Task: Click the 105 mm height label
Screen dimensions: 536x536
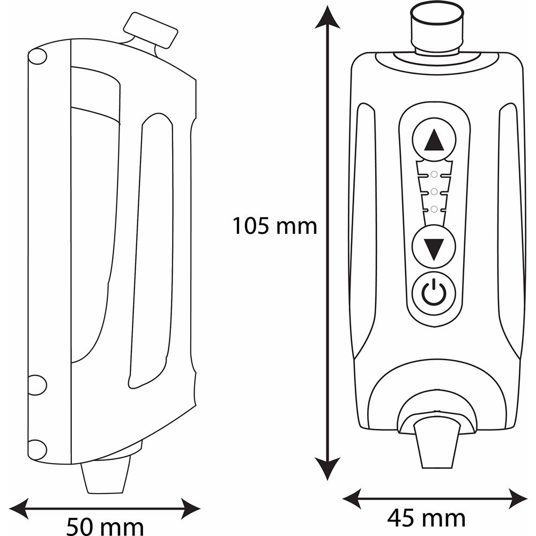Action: (x=274, y=226)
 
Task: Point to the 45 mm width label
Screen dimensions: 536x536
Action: (x=426, y=518)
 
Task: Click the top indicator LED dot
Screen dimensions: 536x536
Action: (x=434, y=174)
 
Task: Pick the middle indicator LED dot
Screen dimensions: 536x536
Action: (x=434, y=191)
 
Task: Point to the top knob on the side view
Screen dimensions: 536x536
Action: (x=151, y=31)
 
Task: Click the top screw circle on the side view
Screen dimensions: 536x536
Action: (x=36, y=57)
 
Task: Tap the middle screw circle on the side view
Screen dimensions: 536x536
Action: (x=36, y=385)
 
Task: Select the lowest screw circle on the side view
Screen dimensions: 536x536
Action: (x=36, y=450)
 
